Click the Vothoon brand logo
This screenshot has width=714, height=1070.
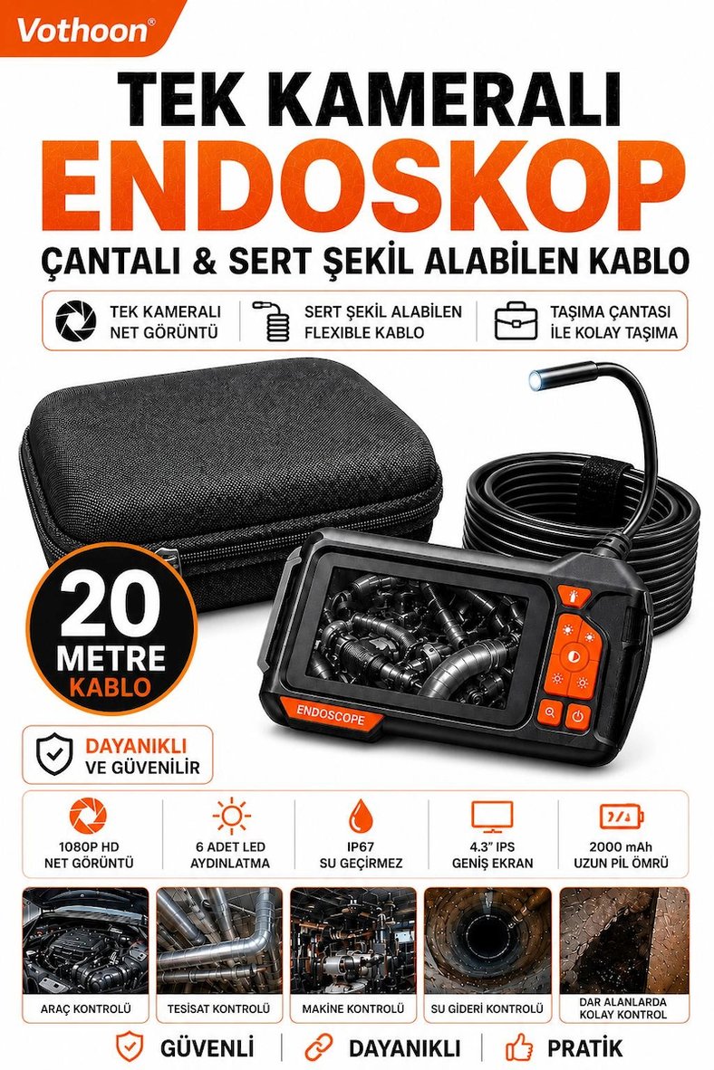(x=82, y=31)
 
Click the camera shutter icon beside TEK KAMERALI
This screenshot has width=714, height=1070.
(x=76, y=320)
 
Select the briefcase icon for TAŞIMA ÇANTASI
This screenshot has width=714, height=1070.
(x=516, y=320)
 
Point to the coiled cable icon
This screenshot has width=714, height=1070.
(x=271, y=321)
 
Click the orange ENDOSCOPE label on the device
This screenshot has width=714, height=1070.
(x=330, y=714)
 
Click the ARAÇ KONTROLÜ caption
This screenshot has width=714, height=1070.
(x=85, y=1008)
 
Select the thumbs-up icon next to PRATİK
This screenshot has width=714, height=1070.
(x=519, y=1046)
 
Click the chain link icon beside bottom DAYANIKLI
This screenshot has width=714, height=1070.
(x=319, y=1046)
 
